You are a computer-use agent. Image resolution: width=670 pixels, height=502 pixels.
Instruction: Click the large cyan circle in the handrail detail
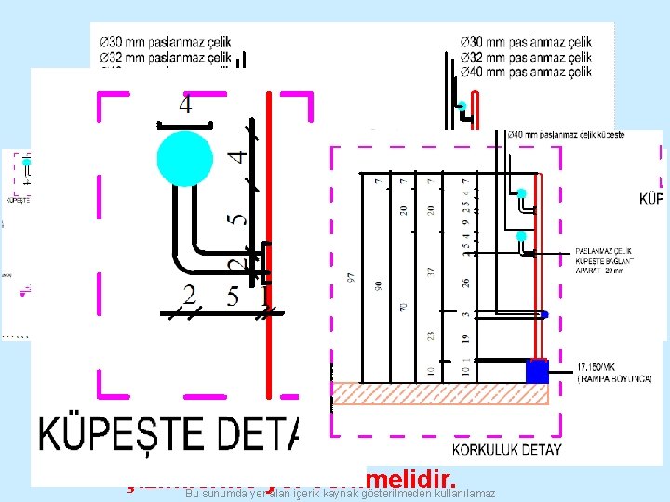pyautogui.click(x=185, y=158)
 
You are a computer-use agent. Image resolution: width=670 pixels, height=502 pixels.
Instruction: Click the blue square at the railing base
pyautogui.click(x=538, y=372)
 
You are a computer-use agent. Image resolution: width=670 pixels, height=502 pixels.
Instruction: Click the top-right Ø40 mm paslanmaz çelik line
pyautogui.click(x=526, y=72)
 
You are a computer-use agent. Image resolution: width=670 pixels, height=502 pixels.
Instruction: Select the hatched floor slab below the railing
pyautogui.click(x=437, y=393)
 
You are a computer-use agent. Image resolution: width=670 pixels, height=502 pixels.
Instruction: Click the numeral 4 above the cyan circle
pyautogui.click(x=185, y=105)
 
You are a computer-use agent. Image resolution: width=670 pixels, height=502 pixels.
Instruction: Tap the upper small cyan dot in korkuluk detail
pyautogui.click(x=522, y=193)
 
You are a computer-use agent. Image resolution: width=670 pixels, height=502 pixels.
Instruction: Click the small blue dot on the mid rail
pyautogui.click(x=545, y=314)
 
